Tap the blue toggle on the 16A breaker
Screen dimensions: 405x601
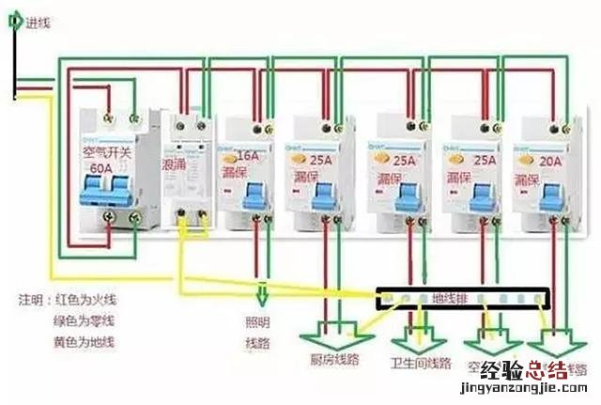tap(252, 194)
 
